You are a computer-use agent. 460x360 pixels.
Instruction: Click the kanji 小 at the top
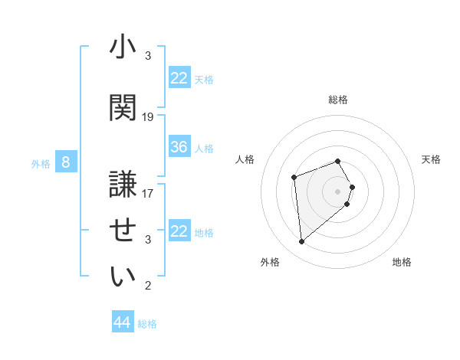point(123,50)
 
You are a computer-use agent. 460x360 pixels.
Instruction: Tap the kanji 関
point(123,106)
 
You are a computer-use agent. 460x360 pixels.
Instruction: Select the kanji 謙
point(123,183)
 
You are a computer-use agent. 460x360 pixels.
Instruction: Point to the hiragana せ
point(123,230)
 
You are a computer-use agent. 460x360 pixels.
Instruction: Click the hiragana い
point(123,277)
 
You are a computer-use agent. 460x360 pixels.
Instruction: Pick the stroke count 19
point(148,117)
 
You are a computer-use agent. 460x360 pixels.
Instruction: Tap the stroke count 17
point(148,193)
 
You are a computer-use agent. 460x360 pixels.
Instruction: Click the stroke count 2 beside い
point(148,286)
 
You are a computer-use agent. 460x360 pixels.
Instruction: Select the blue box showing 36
point(179,147)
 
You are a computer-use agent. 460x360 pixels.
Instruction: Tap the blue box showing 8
point(66,162)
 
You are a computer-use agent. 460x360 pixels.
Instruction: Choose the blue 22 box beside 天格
point(179,78)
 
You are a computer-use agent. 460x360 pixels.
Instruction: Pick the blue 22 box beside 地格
point(179,231)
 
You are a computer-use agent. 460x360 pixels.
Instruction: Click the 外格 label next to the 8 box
point(41,163)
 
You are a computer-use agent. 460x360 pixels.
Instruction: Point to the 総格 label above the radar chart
point(338,100)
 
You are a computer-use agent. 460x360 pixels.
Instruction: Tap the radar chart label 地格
point(402,262)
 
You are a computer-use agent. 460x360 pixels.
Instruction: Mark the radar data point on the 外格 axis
point(302,242)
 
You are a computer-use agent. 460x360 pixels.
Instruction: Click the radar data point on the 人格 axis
point(294,178)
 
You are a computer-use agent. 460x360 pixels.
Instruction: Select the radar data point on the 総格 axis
point(338,161)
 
